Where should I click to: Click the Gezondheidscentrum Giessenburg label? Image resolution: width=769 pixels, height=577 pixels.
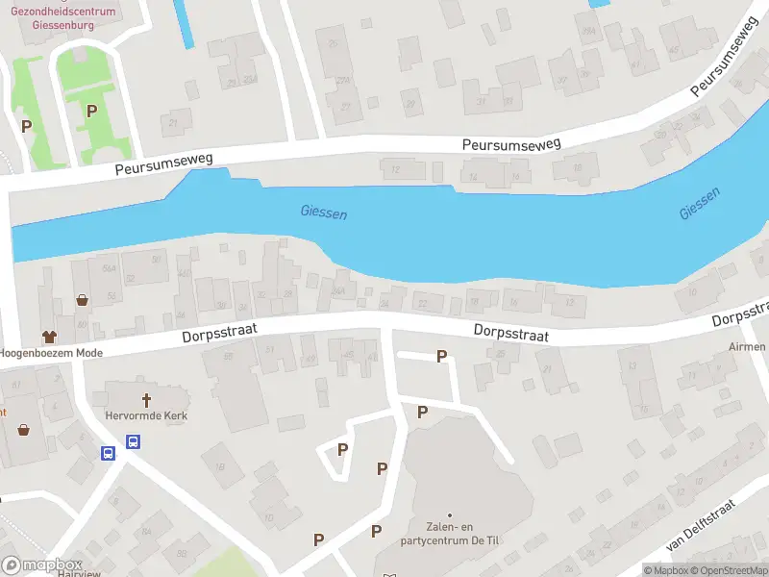click(62, 18)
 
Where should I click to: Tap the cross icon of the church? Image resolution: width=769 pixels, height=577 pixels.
click(147, 399)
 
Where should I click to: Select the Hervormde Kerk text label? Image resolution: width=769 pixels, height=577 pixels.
click(146, 416)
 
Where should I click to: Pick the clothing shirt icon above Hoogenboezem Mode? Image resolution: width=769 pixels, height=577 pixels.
click(49, 336)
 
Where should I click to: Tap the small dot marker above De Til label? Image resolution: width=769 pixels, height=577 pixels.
click(449, 515)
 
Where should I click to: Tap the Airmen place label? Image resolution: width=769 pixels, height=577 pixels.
click(747, 346)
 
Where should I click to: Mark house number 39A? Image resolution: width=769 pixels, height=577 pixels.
click(250, 80)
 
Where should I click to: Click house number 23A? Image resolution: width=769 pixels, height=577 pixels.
click(342, 80)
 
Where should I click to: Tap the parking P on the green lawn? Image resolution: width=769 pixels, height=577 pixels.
click(91, 111)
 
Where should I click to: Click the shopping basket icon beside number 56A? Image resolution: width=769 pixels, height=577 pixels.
click(83, 300)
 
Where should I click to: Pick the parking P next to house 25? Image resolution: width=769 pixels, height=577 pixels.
click(442, 357)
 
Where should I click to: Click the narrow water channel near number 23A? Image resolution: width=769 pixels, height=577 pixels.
click(184, 23)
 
